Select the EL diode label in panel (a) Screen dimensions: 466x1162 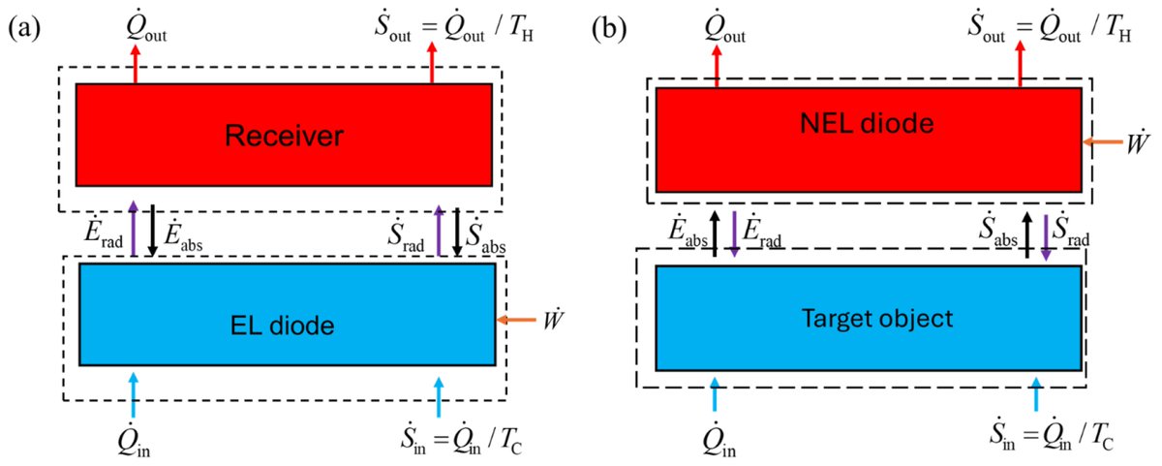click(x=287, y=326)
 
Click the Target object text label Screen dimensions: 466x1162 click(x=868, y=319)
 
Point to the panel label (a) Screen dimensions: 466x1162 click(x=25, y=28)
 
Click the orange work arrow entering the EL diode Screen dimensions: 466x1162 click(x=515, y=319)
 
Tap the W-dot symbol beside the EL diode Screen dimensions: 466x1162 click(x=555, y=317)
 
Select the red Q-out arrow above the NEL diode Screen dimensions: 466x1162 click(x=716, y=65)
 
